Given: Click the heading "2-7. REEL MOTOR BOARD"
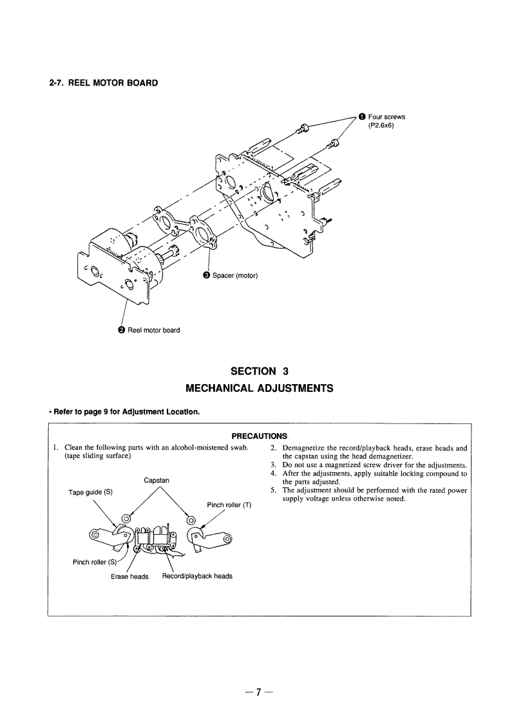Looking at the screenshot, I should click(x=103, y=83).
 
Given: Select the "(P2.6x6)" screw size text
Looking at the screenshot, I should click(x=381, y=125).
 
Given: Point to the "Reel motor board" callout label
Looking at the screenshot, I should click(x=153, y=330).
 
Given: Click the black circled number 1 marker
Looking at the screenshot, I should click(x=362, y=116).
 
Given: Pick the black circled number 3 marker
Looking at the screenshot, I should click(x=206, y=276).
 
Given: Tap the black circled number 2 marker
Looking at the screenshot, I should click(x=121, y=330).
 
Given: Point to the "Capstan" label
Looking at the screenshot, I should click(x=157, y=479).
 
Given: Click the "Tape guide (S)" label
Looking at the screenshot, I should click(x=90, y=492).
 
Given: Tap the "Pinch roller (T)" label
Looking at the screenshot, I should click(x=229, y=504).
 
